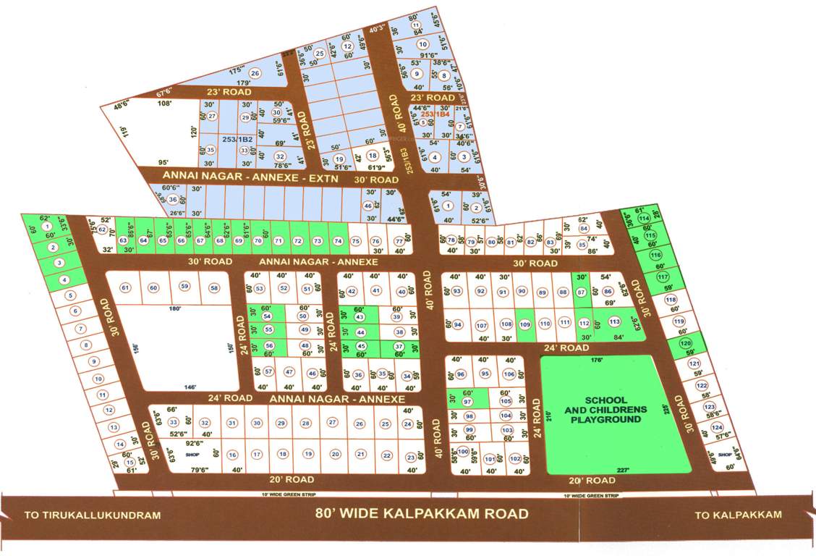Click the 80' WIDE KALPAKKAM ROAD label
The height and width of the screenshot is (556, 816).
(422, 514)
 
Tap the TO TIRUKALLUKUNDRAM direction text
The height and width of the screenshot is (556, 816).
(92, 516)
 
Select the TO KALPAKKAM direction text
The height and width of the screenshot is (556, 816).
(738, 515)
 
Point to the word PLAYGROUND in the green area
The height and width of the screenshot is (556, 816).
(606, 419)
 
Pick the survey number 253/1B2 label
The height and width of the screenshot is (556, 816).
(237, 138)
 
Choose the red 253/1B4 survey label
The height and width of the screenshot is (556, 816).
(436, 114)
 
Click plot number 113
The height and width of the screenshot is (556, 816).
(615, 322)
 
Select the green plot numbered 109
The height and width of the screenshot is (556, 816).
(524, 324)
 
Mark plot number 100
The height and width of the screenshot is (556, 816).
(463, 452)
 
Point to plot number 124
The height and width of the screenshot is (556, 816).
(718, 428)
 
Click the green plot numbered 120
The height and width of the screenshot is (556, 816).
(685, 344)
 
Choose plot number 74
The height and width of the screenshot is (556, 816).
(337, 241)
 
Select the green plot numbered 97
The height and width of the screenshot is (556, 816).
(467, 402)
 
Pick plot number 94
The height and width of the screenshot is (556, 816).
(457, 325)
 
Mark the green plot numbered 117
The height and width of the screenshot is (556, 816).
(663, 277)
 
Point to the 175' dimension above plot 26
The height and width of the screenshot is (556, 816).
(235, 70)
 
